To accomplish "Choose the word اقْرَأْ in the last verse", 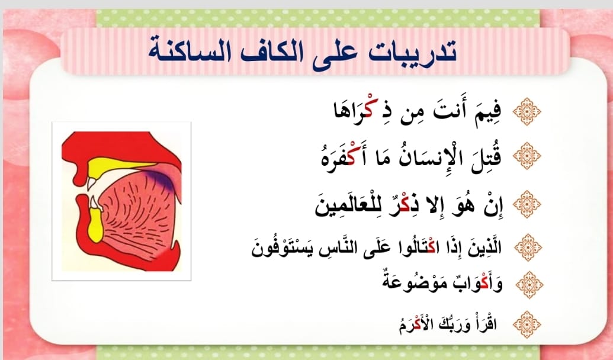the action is click(487, 324).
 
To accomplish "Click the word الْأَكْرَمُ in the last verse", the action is click(415, 324).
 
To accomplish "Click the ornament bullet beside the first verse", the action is click(527, 111).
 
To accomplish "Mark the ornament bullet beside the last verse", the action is click(527, 324).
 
